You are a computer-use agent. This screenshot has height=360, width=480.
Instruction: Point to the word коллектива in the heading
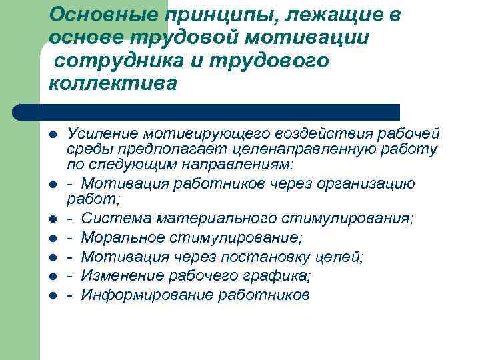coord(113,85)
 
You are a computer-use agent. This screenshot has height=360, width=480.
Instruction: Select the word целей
coord(340,257)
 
